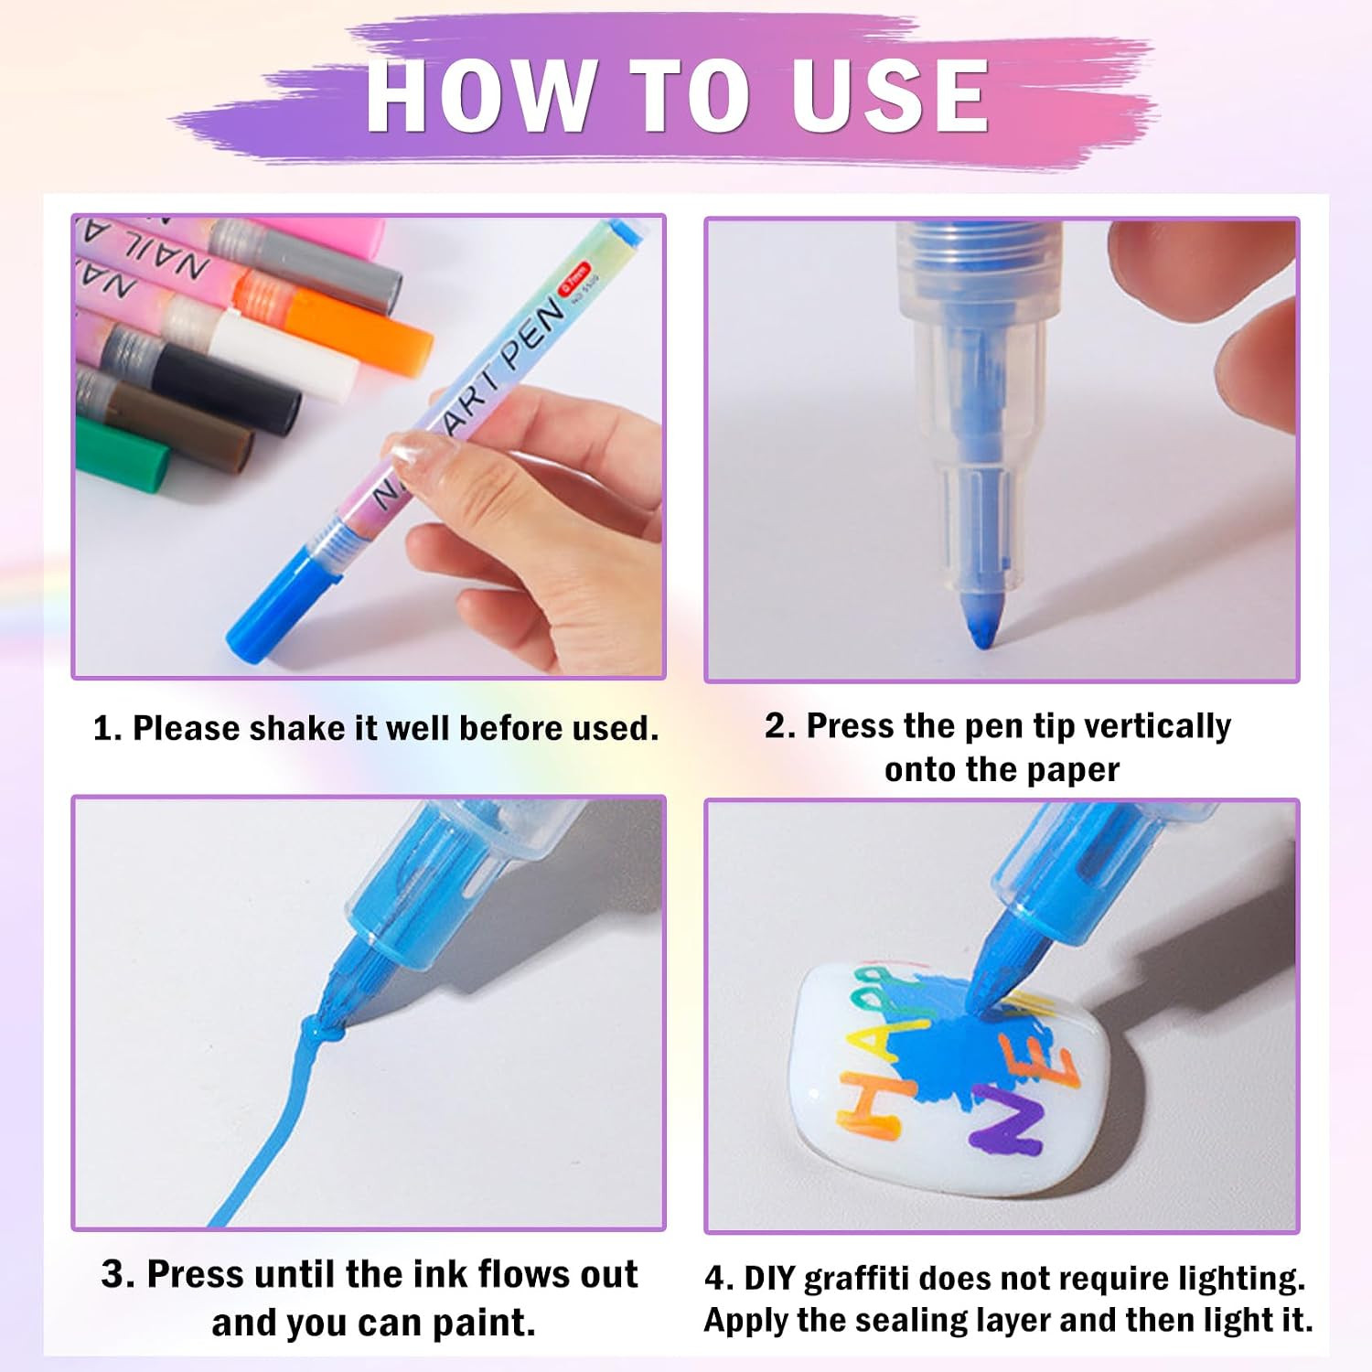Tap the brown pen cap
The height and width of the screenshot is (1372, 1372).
point(181,425)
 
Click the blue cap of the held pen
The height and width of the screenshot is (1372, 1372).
point(274,598)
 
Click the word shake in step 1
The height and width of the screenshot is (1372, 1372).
point(300,728)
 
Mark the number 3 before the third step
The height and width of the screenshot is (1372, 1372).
point(113,1274)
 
